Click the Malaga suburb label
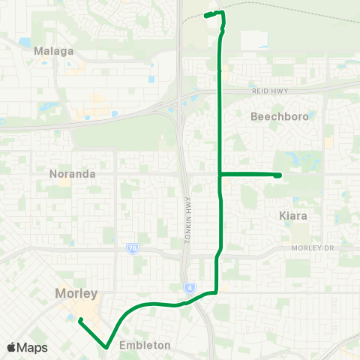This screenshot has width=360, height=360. point(54,51)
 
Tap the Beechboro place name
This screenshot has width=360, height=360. point(278,118)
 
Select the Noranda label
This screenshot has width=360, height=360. point(72,173)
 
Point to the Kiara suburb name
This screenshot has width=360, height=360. point(293,215)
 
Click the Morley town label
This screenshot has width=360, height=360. point(76,293)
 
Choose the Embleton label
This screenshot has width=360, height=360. point(144,346)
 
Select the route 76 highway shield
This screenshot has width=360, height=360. point(132,248)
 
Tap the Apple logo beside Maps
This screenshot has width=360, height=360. point(11,348)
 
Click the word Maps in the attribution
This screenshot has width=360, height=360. point(32,348)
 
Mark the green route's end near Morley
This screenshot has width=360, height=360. point(79,319)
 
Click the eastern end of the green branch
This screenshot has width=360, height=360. point(279,175)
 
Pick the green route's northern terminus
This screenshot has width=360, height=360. point(206,15)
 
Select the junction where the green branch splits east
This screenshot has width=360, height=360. point(219,174)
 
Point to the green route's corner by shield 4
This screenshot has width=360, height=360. point(216,292)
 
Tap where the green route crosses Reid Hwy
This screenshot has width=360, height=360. point(219,91)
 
